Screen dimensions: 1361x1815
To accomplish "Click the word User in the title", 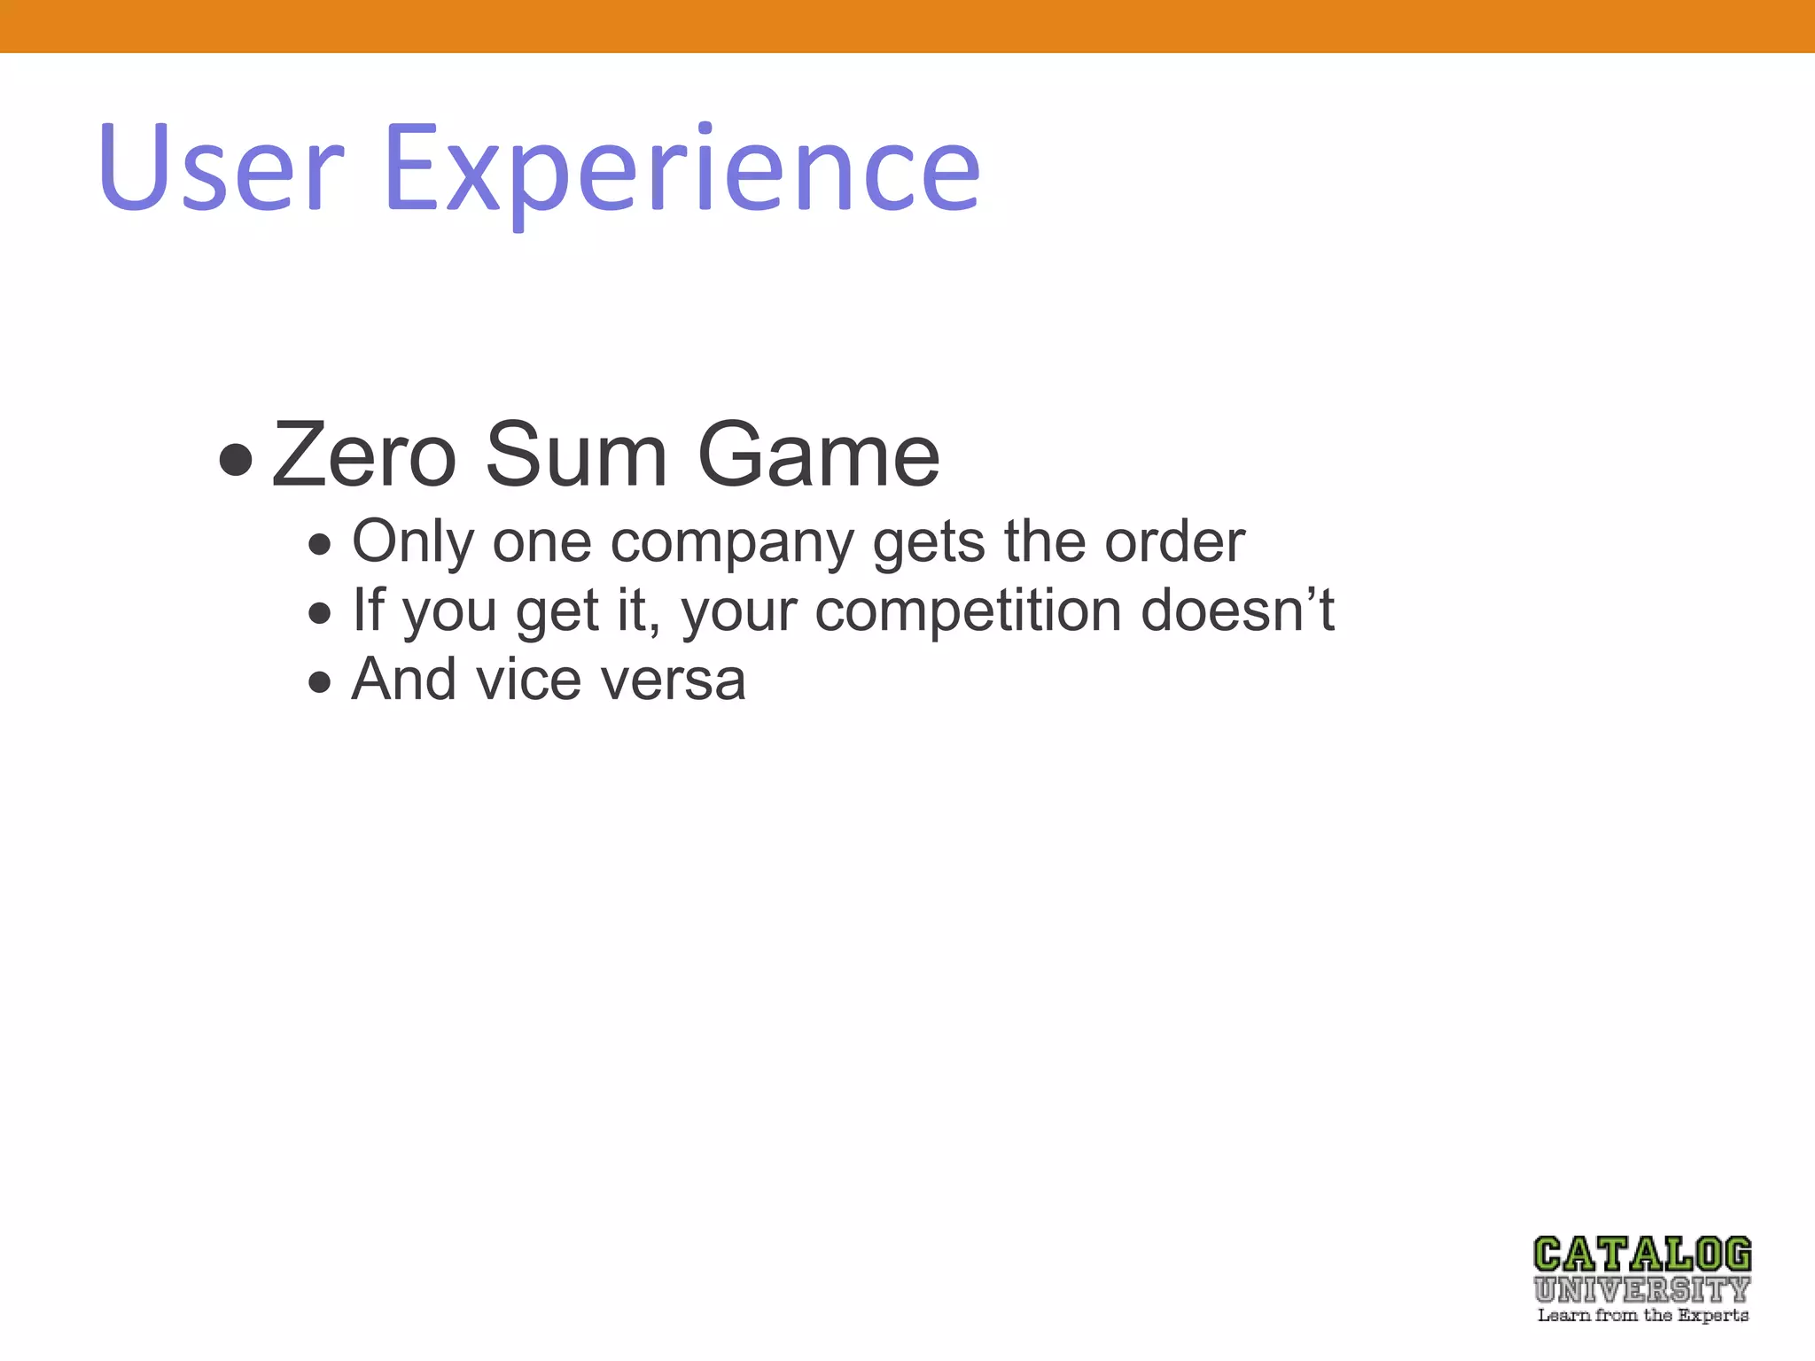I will coord(222,168).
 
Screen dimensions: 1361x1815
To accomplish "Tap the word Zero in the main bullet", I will coord(363,456).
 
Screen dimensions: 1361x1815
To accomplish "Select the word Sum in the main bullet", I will coord(576,456).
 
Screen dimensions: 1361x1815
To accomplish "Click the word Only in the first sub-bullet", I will coord(412,541).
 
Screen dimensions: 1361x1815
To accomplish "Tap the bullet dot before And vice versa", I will coord(320,682).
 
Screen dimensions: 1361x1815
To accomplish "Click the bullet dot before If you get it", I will coord(320,613).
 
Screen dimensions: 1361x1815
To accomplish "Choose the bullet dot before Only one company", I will coord(320,544).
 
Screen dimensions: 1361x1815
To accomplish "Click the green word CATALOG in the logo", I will coord(1642,1256).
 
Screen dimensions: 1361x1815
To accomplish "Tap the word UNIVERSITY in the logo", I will coord(1642,1289).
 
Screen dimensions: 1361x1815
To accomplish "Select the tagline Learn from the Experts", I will coord(1642,1316).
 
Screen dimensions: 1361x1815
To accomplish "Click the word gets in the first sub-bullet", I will coord(928,543).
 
